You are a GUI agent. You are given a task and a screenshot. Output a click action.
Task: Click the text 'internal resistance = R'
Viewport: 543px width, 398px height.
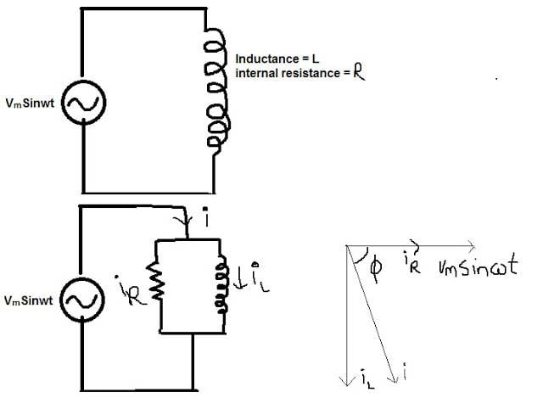pos(299,74)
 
